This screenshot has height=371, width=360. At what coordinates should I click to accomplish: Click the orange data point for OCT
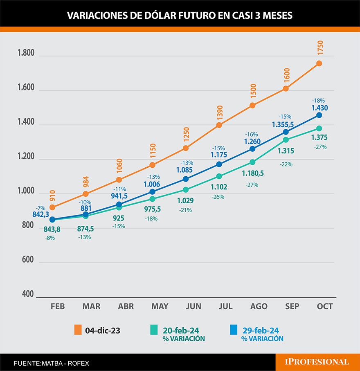pyautogui.click(x=319, y=63)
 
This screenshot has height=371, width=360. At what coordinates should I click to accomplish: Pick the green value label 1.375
pyautogui.click(x=319, y=138)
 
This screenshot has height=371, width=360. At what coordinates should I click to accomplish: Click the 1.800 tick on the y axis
pyautogui.click(x=26, y=54)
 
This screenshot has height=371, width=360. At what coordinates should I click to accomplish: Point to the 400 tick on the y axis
pyautogui.click(x=28, y=294)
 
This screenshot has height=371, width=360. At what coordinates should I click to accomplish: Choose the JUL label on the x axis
pyautogui.click(x=225, y=306)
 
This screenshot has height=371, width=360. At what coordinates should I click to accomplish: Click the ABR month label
pyautogui.click(x=126, y=306)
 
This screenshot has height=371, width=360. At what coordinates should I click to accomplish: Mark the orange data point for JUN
pyautogui.click(x=186, y=148)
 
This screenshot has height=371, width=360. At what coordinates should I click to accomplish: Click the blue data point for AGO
pyautogui.click(x=252, y=148)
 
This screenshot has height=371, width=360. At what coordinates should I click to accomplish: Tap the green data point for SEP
pyautogui.click(x=286, y=140)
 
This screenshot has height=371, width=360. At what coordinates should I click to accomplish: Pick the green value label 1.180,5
pyautogui.click(x=252, y=173)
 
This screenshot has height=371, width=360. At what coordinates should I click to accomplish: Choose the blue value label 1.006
pyautogui.click(x=152, y=184)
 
